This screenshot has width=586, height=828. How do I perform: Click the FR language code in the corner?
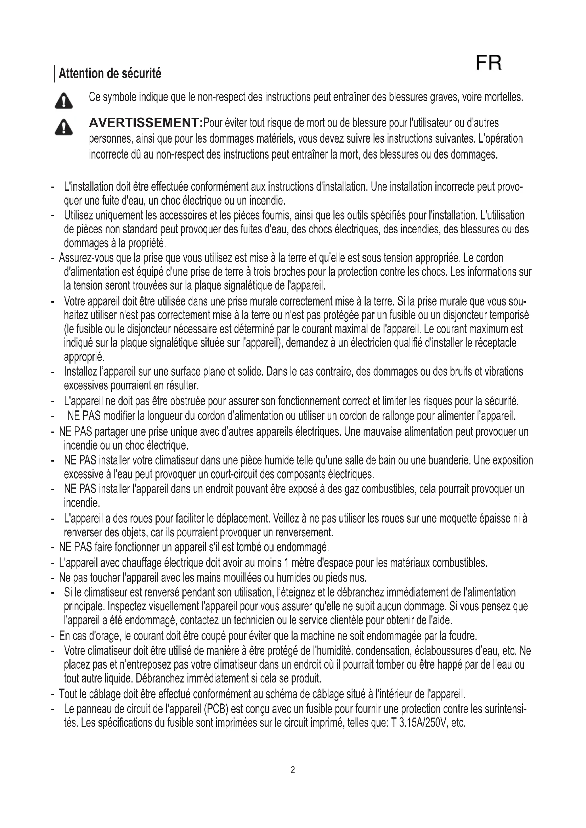point(489,63)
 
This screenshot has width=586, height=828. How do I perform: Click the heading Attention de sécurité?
point(110,74)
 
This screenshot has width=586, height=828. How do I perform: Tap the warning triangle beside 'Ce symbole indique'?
point(63,101)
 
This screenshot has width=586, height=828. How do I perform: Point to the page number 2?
point(293,770)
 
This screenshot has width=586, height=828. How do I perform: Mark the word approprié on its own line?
point(84,358)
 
